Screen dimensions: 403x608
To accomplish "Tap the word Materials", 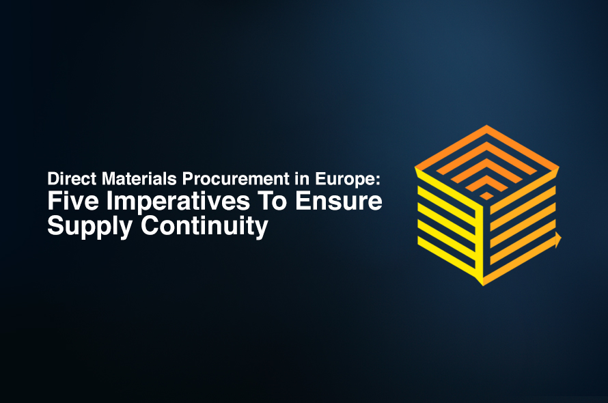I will coord(129,179).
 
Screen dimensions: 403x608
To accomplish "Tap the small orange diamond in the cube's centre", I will coord(486,195).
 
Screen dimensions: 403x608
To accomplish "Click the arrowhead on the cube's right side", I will coord(557,239).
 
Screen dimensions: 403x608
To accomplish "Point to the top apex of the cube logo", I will coord(486,126).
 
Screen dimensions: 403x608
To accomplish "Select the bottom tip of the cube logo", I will coord(484,283).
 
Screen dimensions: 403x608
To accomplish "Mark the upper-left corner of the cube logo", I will coord(416,166).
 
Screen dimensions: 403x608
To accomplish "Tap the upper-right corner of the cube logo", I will coord(557,167).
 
